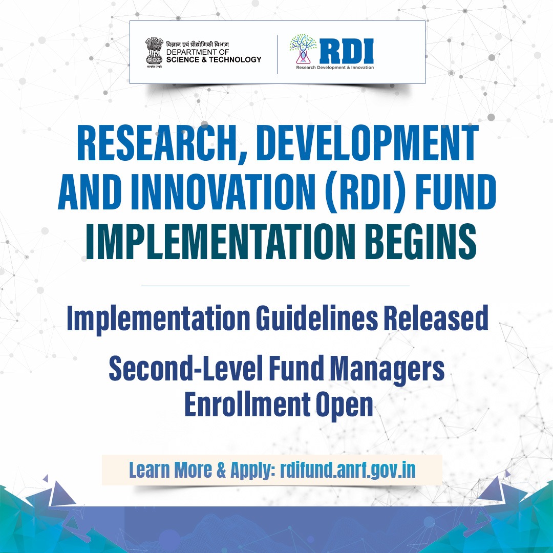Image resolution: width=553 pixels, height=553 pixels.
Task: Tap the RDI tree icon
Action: pos(303,49)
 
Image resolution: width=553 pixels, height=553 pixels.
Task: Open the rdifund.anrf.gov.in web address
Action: pos(348,470)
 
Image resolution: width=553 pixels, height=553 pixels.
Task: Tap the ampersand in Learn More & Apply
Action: pos(222,470)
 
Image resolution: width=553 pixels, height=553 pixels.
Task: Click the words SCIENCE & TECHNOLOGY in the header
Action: pos(214,59)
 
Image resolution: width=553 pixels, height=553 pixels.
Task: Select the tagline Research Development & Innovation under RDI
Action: pos(335,67)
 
